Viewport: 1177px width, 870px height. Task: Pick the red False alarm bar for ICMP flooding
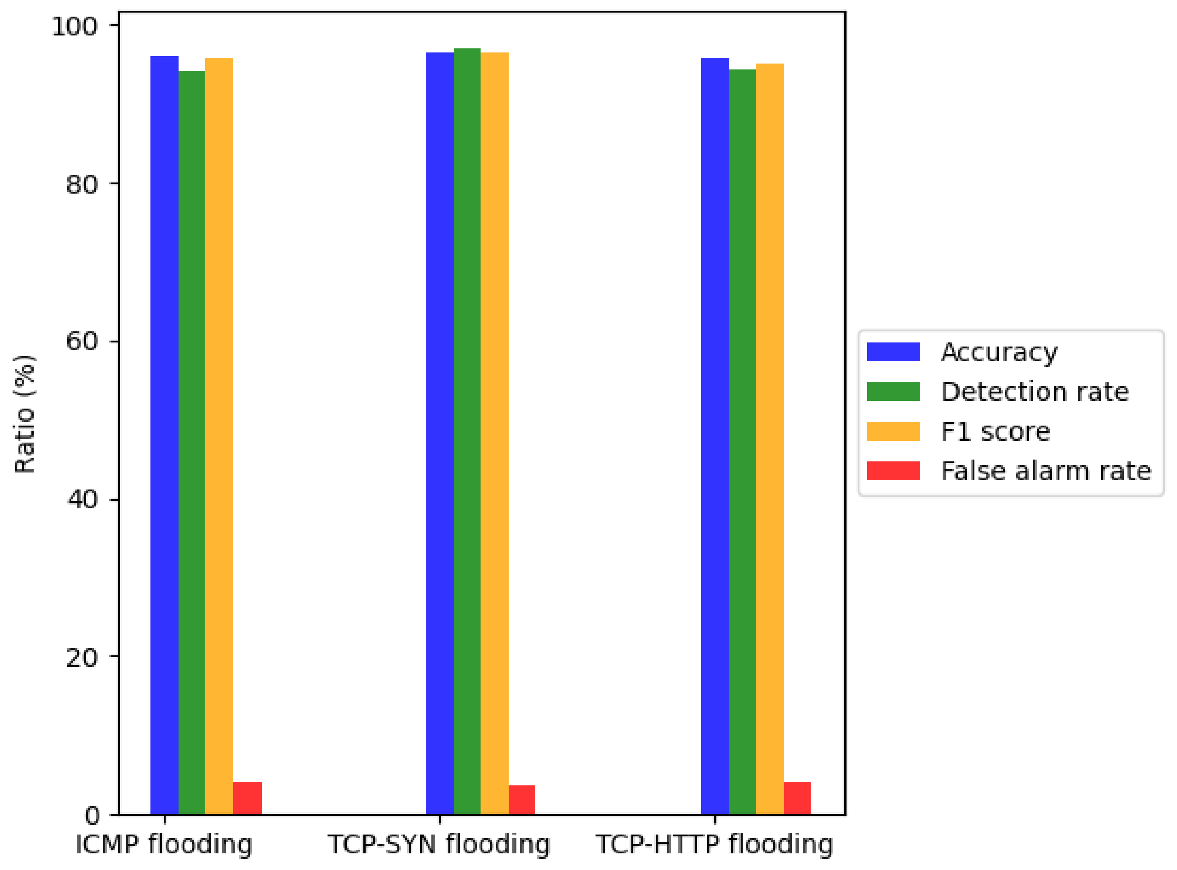coord(247,798)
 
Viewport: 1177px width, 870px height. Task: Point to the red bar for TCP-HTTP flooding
coord(797,798)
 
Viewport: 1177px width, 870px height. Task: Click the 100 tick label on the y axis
coord(74,26)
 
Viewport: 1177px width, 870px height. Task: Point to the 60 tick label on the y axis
coord(82,342)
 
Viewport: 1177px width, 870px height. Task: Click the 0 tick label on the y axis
coord(92,816)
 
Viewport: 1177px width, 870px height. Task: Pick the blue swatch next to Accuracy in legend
coord(893,352)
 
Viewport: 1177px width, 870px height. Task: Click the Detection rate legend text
coord(1035,392)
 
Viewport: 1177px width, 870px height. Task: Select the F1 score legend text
coord(995,432)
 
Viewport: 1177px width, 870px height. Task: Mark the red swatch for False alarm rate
coord(893,471)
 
